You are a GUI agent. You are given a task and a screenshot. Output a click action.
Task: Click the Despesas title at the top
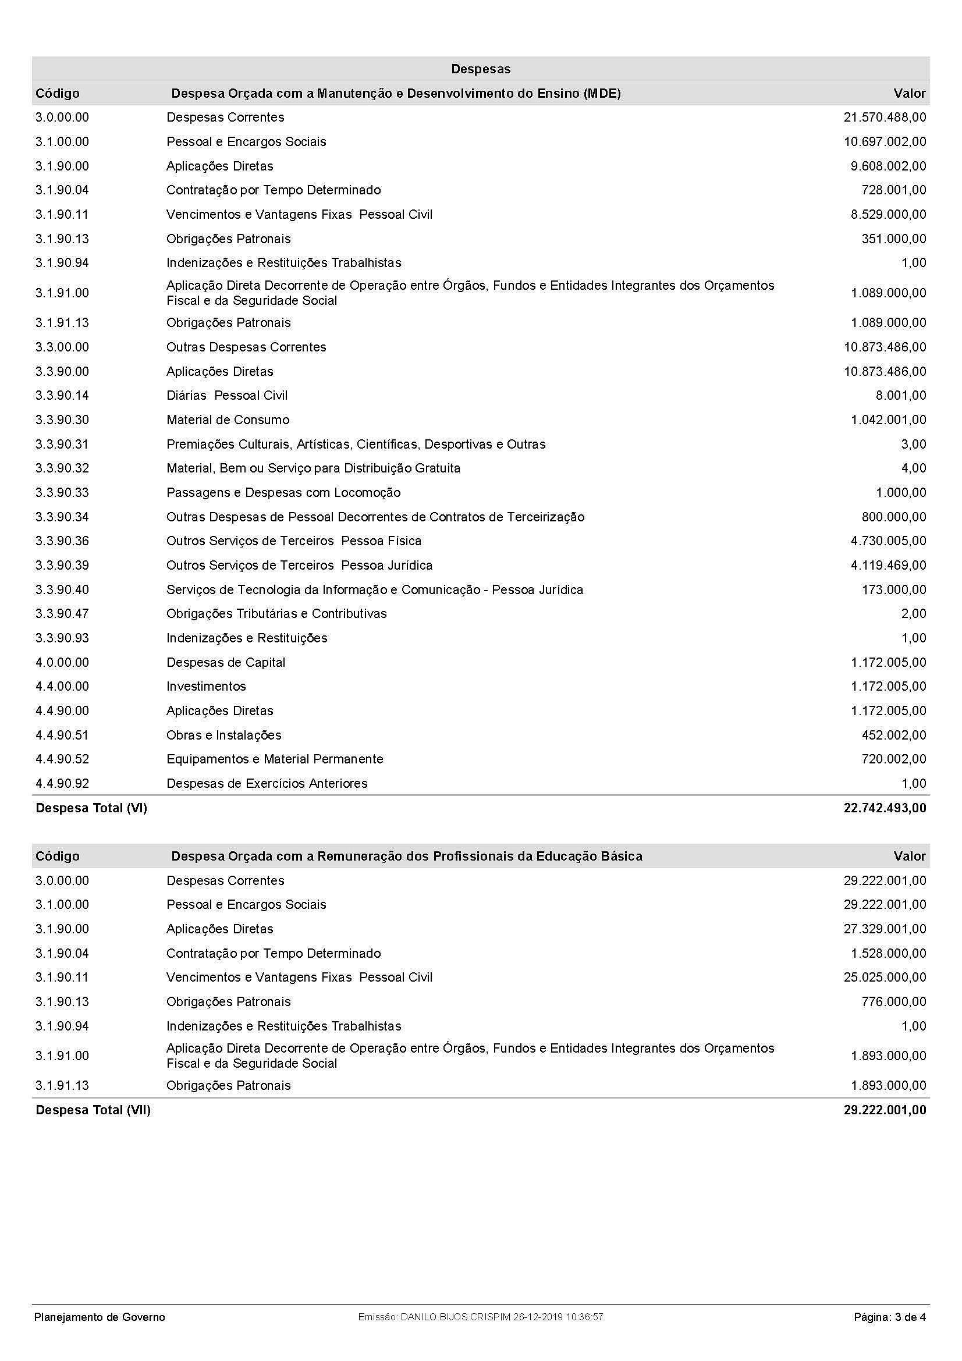click(481, 69)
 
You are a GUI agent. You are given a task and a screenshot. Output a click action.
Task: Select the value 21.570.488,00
click(885, 118)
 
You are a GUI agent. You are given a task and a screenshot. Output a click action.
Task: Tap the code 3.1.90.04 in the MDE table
click(62, 190)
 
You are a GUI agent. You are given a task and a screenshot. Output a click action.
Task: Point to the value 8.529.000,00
click(888, 215)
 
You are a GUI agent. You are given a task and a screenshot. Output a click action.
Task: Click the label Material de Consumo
click(228, 420)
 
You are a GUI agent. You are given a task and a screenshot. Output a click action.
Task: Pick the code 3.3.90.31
click(62, 444)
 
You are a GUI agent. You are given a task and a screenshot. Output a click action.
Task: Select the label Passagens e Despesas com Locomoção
click(283, 493)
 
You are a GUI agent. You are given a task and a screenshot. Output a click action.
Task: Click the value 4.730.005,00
click(888, 541)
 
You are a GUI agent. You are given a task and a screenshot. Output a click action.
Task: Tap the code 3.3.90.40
click(62, 590)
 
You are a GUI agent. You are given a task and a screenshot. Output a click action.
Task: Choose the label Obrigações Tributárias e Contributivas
click(276, 613)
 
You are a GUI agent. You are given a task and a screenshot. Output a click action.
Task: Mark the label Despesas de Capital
click(226, 662)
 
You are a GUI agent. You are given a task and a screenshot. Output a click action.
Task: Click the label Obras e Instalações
click(223, 735)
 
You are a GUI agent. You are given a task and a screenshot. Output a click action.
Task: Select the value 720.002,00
click(893, 759)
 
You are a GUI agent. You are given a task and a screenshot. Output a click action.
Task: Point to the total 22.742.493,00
click(885, 808)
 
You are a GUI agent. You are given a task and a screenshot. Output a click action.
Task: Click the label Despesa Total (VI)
click(91, 808)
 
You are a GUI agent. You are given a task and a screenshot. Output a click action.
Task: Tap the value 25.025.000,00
click(885, 977)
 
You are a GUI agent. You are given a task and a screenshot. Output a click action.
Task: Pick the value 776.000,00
click(893, 1001)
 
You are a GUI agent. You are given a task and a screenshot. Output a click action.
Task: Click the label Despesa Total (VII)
click(93, 1110)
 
